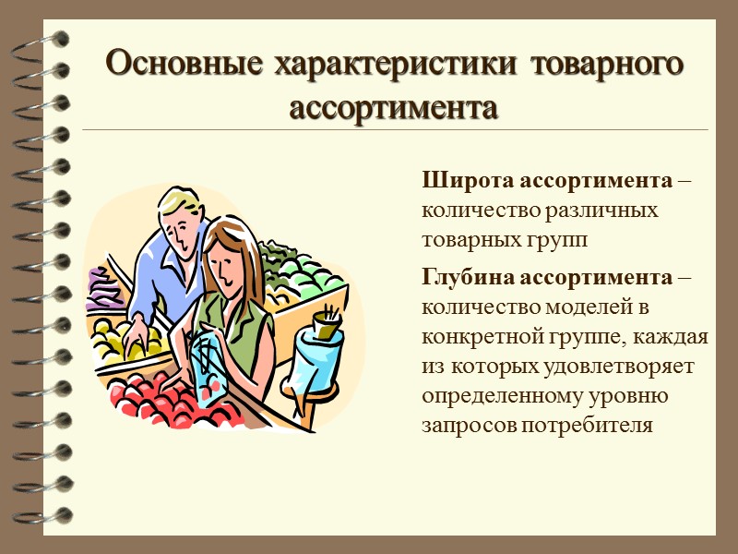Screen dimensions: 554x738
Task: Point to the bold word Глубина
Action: [469, 276]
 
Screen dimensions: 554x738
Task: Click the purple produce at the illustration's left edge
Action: [102, 288]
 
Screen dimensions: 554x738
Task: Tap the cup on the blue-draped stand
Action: [324, 325]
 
